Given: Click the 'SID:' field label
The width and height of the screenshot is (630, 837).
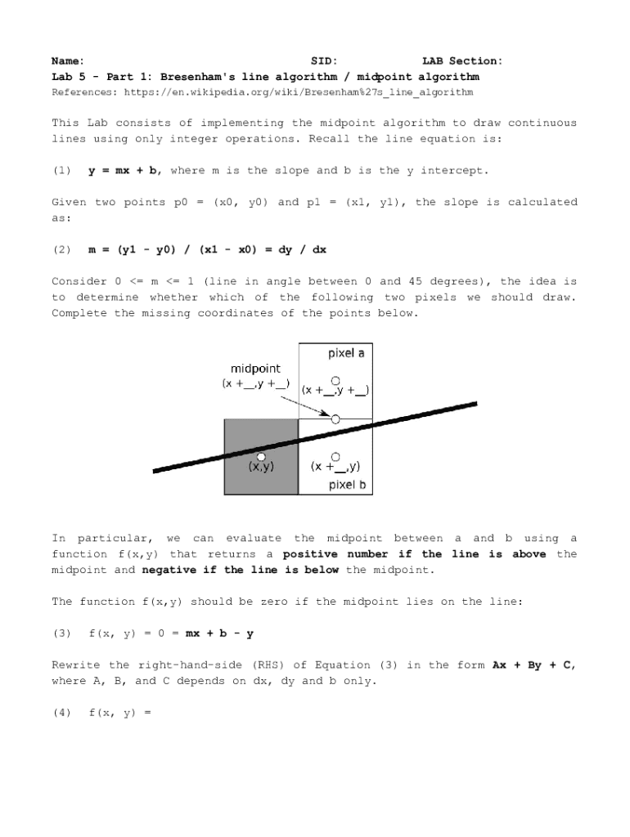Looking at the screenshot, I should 324,60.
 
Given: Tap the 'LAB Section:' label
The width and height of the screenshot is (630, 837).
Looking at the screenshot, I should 462,60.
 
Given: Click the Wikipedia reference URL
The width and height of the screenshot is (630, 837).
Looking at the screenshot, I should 299,92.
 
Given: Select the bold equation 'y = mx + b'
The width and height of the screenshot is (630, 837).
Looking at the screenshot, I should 124,170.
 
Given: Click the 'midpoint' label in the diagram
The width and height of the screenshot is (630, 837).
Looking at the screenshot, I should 255,369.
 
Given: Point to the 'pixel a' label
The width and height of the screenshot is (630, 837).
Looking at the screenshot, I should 346,353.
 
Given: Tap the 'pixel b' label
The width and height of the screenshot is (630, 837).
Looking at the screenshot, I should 347,485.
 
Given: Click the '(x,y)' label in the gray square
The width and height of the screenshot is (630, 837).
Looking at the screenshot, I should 261,467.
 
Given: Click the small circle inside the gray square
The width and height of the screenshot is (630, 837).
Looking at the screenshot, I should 261,455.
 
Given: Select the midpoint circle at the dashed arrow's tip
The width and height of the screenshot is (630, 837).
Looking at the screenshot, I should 335,418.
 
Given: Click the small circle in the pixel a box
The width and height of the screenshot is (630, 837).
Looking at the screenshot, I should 335,379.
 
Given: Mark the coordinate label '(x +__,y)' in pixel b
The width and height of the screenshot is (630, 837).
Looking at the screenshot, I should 335,467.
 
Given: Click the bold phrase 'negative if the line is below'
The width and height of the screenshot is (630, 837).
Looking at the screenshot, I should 240,570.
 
